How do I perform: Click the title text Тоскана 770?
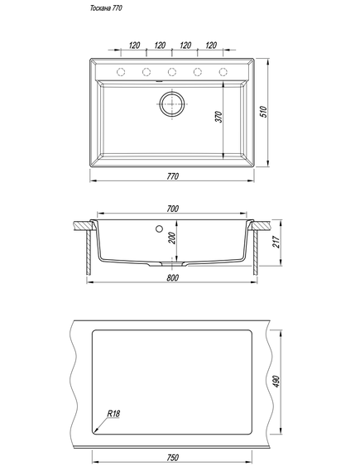[x=106, y=8]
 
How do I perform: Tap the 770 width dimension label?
[x=172, y=176]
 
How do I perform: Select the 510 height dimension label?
[x=263, y=112]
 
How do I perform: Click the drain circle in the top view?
[x=172, y=103]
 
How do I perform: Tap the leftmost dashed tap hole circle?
[x=121, y=72]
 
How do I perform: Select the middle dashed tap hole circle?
[x=172, y=72]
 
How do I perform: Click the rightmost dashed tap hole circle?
[x=223, y=72]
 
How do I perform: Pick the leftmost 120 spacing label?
[x=134, y=46]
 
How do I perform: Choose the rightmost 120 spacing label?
[x=211, y=46]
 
